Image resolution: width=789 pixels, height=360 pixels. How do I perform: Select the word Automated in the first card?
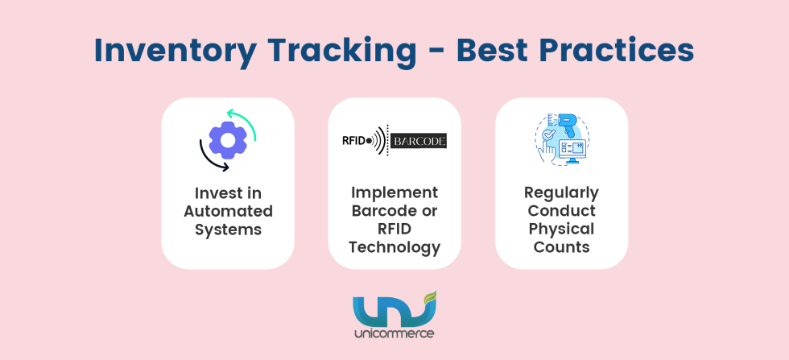[x=228, y=211]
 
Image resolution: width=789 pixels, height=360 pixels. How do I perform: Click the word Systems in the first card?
[x=228, y=229]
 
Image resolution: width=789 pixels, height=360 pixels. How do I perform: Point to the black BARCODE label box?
[x=418, y=142]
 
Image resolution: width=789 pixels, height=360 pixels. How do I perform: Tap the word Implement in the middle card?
[x=394, y=193]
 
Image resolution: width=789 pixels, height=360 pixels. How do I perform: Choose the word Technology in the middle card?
[x=394, y=246]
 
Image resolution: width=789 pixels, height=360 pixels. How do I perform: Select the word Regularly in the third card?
[x=561, y=193]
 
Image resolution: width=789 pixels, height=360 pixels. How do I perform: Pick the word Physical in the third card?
[x=561, y=229]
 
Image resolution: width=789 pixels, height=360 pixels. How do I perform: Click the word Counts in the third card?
[x=561, y=246]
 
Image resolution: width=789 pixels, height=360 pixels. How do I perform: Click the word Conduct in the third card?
[x=561, y=211]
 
